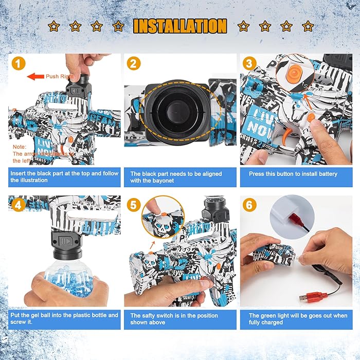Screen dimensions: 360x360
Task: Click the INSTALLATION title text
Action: pos(180,26)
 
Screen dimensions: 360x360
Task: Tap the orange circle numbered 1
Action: pos(19,64)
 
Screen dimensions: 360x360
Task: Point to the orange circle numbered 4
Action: pos(19,205)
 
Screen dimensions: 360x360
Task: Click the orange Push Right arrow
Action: pos(35,76)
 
